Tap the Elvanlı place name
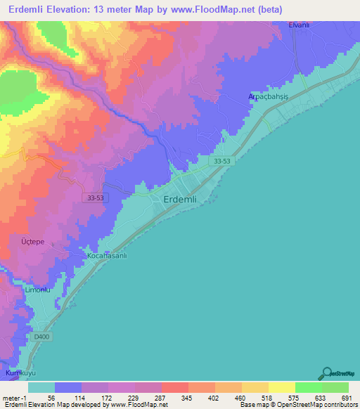click(304, 25)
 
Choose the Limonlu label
click(39, 290)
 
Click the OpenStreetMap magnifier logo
click(326, 374)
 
